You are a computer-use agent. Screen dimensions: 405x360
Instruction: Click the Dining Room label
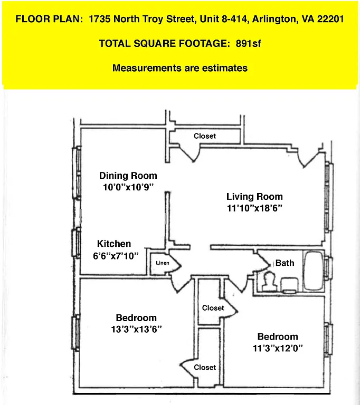(128, 176)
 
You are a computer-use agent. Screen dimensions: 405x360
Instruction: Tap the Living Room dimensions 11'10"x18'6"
(254, 208)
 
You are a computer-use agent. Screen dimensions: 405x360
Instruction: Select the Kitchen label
(114, 244)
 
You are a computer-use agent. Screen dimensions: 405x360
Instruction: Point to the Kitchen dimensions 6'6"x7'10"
(115, 256)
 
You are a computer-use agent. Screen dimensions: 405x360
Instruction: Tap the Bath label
(285, 263)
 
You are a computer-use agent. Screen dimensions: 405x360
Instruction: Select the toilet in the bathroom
(270, 282)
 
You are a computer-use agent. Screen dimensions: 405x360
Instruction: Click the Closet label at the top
(205, 136)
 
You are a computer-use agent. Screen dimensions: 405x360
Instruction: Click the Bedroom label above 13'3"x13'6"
(136, 317)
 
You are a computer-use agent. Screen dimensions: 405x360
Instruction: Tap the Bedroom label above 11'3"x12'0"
(278, 336)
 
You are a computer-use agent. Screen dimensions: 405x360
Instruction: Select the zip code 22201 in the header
(331, 20)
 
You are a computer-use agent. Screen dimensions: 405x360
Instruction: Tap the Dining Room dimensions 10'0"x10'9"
(128, 187)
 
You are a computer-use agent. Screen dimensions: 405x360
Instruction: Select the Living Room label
(254, 197)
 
